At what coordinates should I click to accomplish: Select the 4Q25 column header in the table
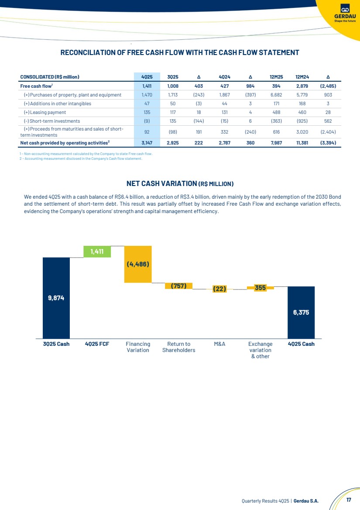pyautogui.click(x=143, y=77)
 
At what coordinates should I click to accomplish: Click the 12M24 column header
pyautogui.click(x=302, y=77)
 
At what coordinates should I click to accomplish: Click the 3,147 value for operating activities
pyautogui.click(x=143, y=143)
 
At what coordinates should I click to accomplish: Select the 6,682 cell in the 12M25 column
pyautogui.click(x=277, y=95)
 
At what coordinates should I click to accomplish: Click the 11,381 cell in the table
pyautogui.click(x=302, y=143)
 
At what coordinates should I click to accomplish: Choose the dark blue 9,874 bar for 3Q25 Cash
pyautogui.click(x=56, y=298)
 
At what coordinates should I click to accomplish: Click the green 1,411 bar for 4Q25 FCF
pyautogui.click(x=97, y=252)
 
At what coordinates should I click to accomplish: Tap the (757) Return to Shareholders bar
pyautogui.click(x=178, y=286)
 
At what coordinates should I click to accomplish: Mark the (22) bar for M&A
pyautogui.click(x=219, y=289)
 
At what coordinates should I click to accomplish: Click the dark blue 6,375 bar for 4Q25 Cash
pyautogui.click(x=301, y=312)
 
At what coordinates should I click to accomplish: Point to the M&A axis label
pyautogui.click(x=219, y=344)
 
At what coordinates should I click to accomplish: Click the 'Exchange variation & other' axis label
pyautogui.click(x=260, y=350)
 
